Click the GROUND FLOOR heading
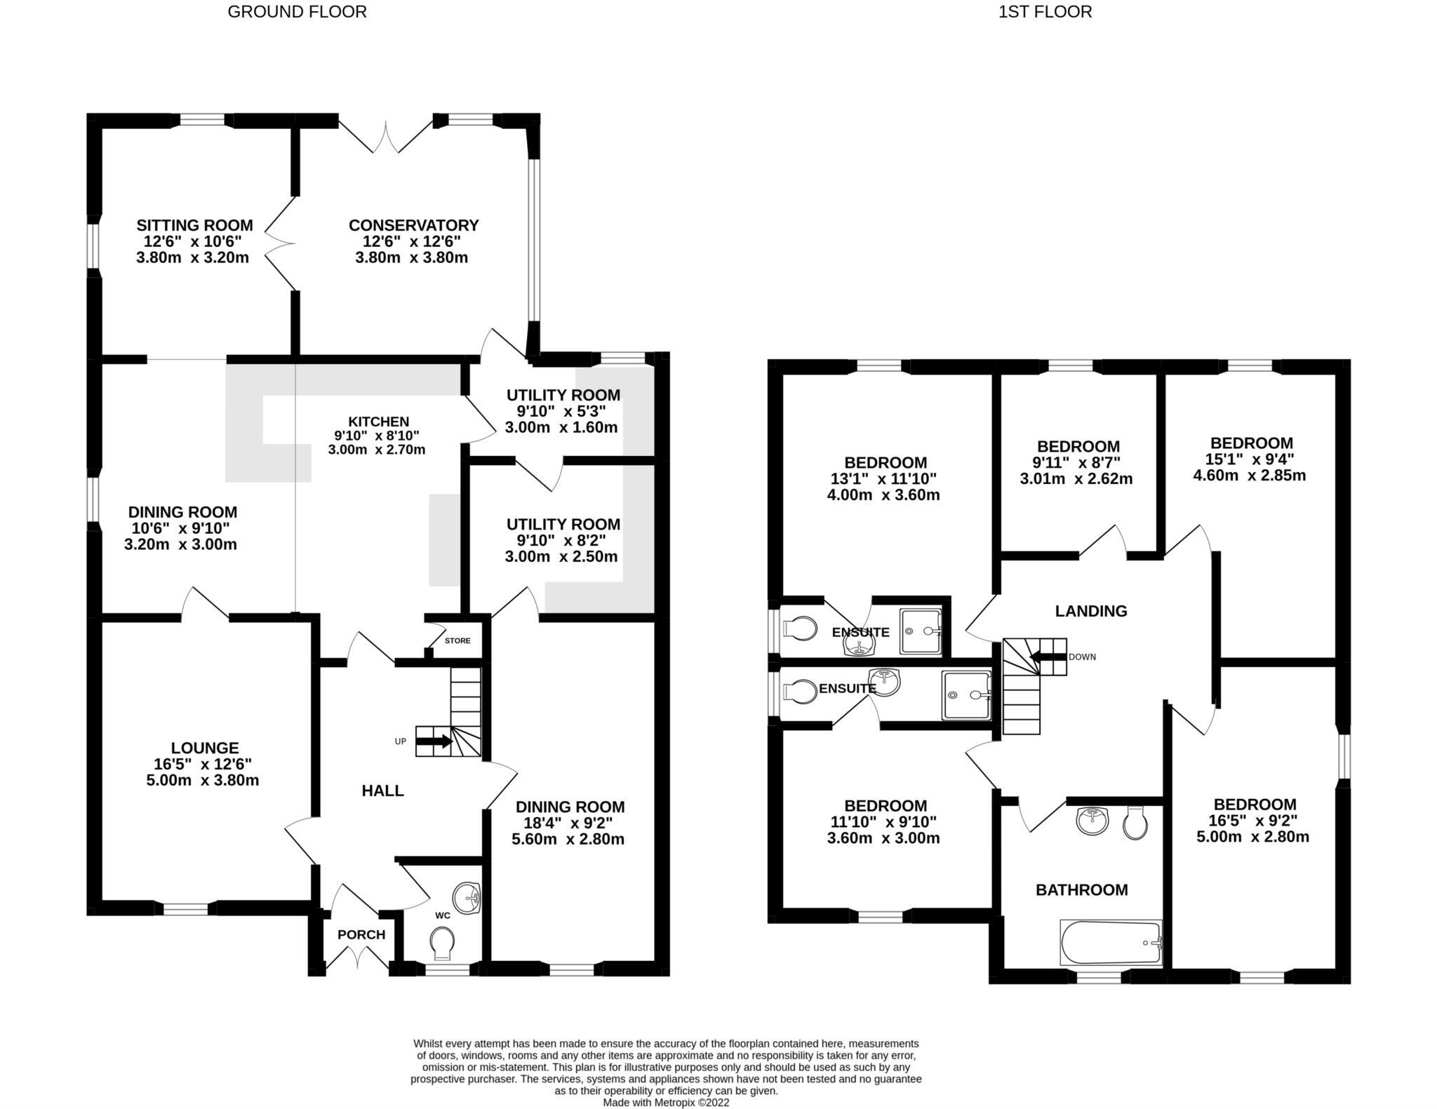point(297,12)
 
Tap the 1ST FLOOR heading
point(1045,12)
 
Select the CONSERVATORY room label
point(413,225)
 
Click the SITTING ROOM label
point(194,225)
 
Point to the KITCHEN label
point(378,422)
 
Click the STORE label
point(457,640)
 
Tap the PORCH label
point(361,934)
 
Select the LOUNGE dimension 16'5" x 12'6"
point(203,764)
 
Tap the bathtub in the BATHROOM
point(1110,943)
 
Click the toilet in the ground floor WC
point(442,943)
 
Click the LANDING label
point(1091,611)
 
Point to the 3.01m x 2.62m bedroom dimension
point(1076,479)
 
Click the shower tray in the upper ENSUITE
point(921,631)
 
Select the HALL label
point(382,791)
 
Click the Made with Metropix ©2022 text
point(666,1102)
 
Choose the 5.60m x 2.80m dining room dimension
point(570,839)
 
